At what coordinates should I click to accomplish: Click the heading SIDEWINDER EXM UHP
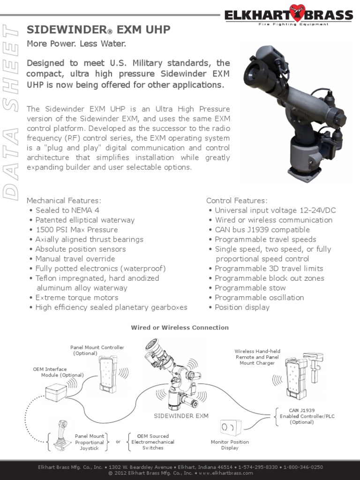pos(98,30)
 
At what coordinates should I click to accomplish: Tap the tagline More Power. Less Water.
pos(76,44)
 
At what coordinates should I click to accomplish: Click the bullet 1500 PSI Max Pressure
pos(76,230)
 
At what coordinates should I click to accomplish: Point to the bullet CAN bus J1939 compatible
pos(262,230)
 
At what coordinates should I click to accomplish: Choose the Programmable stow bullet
pos(250,288)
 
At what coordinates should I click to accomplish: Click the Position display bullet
pos(242,307)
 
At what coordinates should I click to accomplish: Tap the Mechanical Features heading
pos(64,201)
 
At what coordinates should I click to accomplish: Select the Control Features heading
pos(237,201)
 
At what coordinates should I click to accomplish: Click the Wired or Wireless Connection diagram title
pos(180,328)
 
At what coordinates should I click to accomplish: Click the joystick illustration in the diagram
pos(60,436)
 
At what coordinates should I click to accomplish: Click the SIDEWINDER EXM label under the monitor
pos(181,416)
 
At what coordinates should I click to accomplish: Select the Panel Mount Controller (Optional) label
pos(97,350)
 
